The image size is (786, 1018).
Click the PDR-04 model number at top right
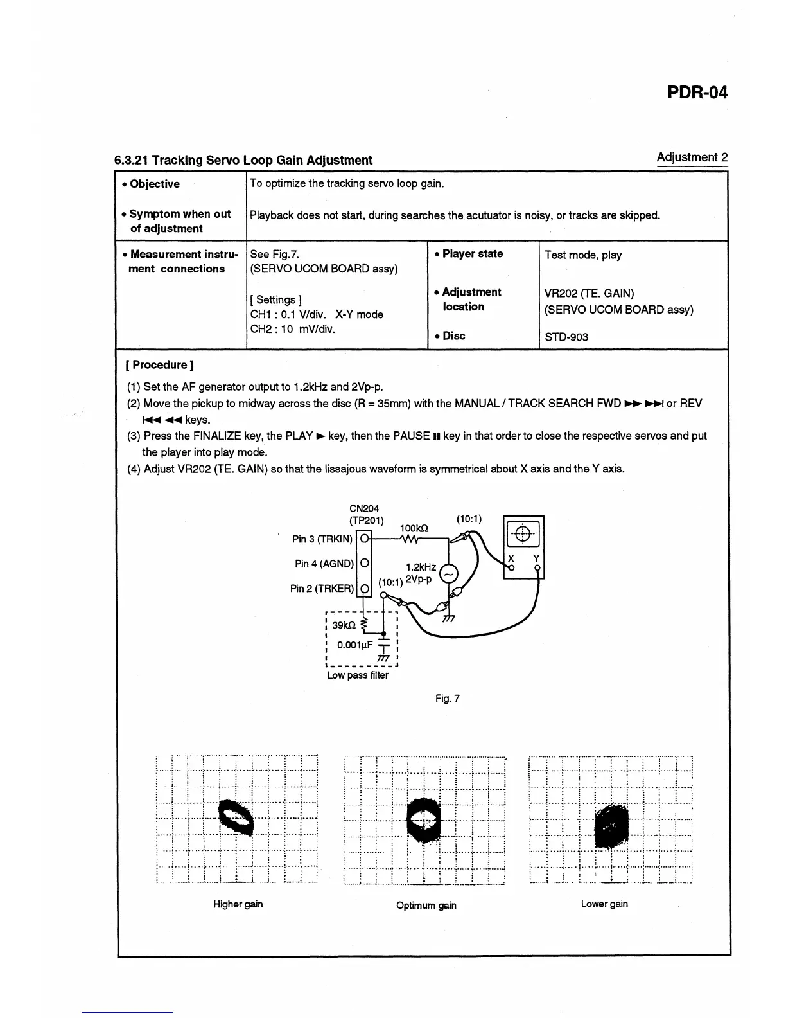(697, 93)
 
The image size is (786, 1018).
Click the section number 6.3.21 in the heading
(132, 160)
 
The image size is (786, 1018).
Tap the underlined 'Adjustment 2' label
(692, 157)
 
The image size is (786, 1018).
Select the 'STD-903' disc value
(566, 337)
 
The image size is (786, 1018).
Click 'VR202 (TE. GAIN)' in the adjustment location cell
(589, 294)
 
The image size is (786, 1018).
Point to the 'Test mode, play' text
(582, 255)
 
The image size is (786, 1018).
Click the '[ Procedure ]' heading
(159, 365)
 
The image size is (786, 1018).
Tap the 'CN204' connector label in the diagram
(363, 508)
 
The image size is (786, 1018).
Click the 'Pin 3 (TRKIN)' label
(322, 539)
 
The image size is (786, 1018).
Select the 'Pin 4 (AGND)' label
(324, 564)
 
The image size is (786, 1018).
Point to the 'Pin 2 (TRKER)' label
(321, 588)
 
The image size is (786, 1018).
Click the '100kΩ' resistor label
(414, 528)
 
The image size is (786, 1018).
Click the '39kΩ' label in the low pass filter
(345, 625)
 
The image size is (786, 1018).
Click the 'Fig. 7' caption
(447, 699)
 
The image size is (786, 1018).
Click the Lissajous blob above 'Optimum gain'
(424, 819)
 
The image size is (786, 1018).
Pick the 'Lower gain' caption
(604, 904)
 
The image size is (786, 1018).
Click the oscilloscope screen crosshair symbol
(523, 533)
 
